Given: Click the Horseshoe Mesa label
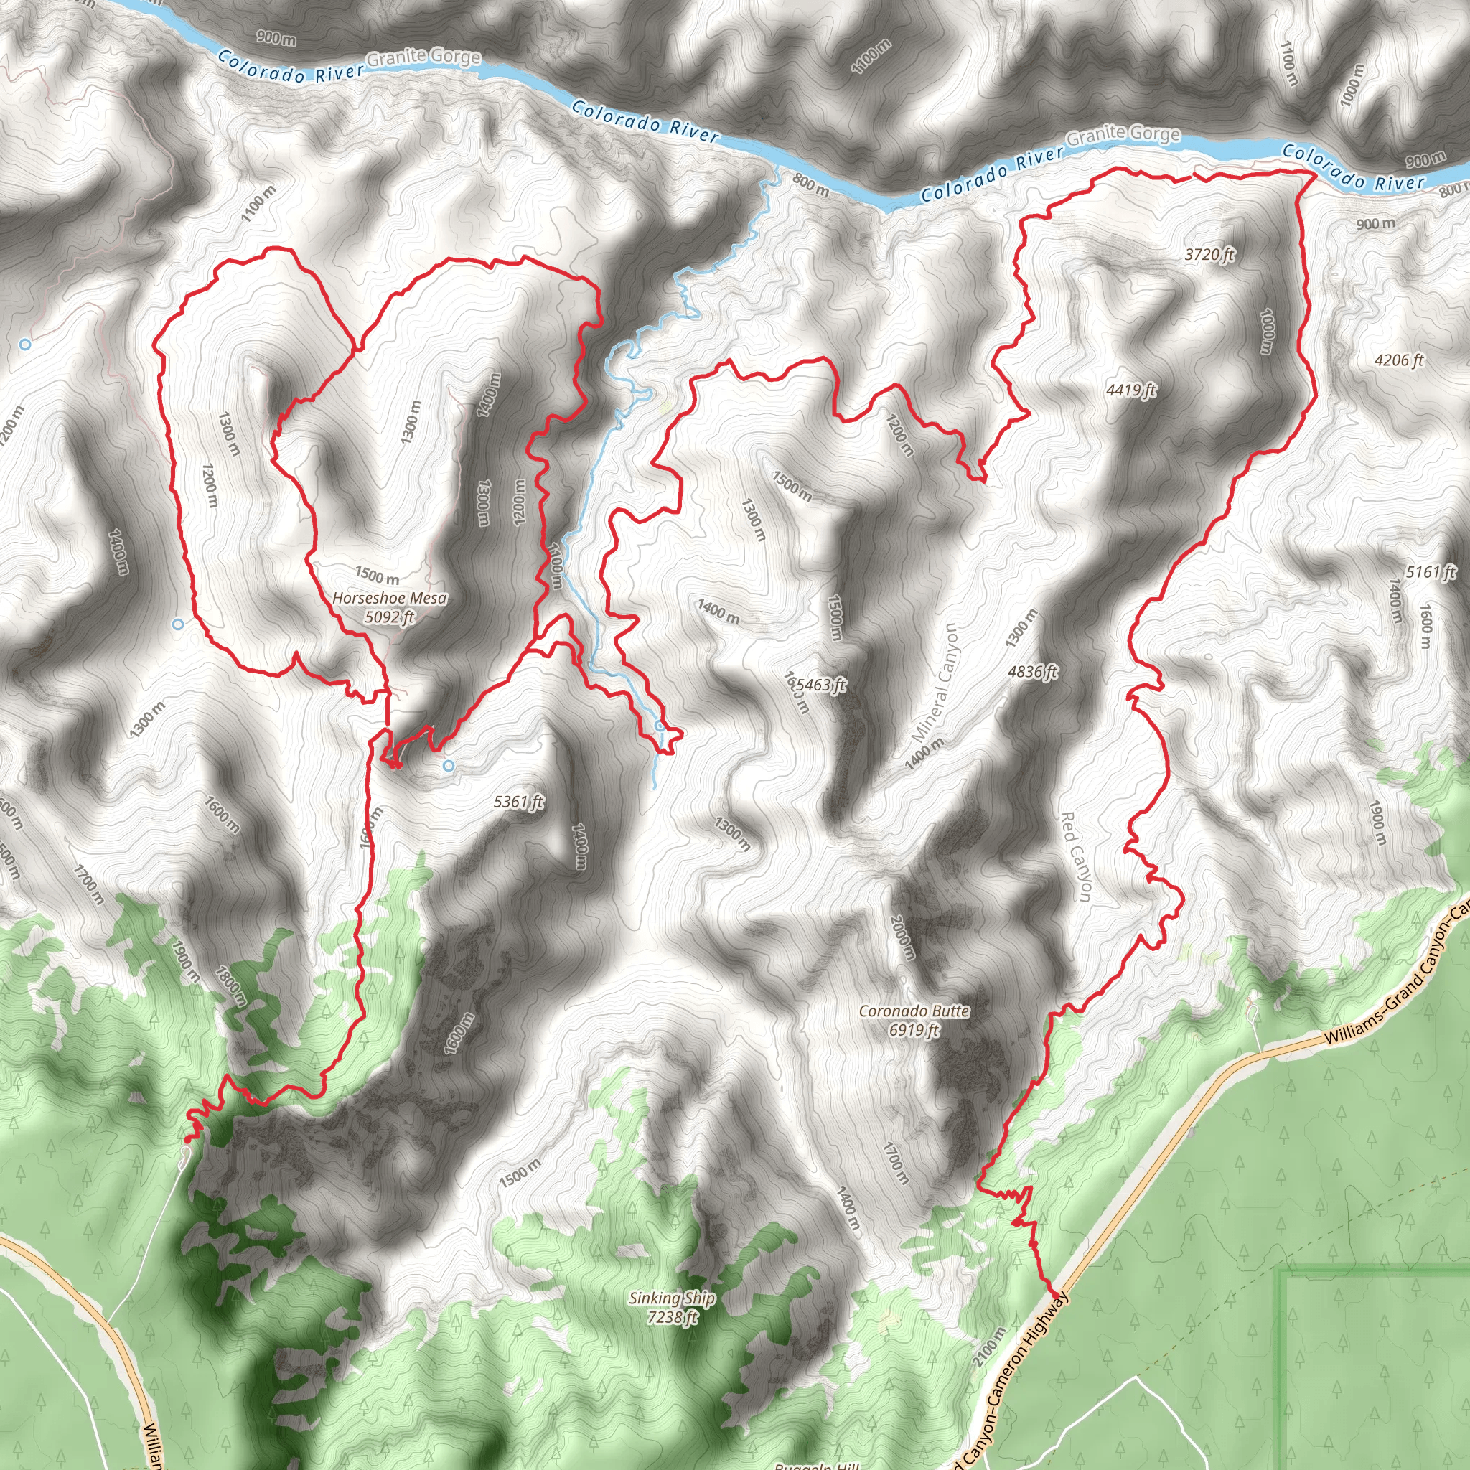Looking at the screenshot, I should tap(390, 598).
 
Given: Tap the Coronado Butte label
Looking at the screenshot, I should tap(914, 1011).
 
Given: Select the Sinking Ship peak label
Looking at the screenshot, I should tap(672, 1298).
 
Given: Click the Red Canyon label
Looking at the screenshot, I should tap(1076, 857).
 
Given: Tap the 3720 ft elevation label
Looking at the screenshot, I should tap(1209, 254).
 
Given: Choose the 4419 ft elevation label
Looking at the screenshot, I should tap(1130, 390).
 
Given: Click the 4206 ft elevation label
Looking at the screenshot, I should tap(1398, 360).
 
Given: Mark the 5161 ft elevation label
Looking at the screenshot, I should tap(1431, 572).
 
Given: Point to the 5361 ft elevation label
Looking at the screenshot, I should tap(519, 802).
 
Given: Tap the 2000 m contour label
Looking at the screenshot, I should tap(903, 937).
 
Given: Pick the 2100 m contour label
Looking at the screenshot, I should tap(989, 1346).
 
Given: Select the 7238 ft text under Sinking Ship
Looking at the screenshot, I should tap(672, 1316).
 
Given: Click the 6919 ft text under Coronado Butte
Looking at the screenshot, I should tap(914, 1030).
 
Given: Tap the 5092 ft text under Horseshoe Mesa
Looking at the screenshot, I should tap(390, 617).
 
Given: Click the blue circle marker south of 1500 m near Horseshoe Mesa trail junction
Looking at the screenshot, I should tap(449, 765).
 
